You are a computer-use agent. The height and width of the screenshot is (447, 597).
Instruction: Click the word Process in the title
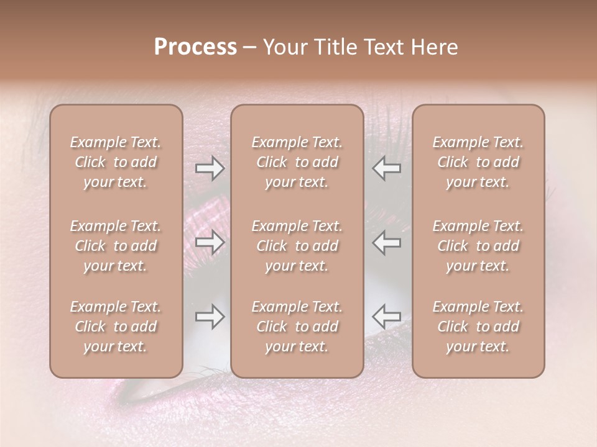tap(195, 47)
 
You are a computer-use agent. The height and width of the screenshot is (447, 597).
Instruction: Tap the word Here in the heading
tap(435, 47)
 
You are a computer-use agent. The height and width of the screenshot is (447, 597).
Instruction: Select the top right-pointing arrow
tap(210, 168)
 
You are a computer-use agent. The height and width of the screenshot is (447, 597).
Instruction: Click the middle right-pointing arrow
tap(210, 242)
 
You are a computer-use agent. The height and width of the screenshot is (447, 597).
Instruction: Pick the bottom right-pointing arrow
tap(210, 317)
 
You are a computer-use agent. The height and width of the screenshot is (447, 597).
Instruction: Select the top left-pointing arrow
tap(387, 168)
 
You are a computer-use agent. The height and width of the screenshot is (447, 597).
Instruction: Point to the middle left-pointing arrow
tap(387, 242)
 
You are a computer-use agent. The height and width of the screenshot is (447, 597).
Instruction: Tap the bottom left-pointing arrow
tap(387, 317)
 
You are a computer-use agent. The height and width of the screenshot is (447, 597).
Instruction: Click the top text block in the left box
tap(116, 162)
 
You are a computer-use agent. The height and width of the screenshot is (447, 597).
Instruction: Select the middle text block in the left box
tap(116, 246)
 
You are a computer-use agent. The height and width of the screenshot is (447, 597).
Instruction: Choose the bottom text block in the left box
tap(116, 327)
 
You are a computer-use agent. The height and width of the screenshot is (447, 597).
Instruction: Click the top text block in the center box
tap(297, 162)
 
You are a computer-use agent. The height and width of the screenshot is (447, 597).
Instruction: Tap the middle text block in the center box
tap(297, 246)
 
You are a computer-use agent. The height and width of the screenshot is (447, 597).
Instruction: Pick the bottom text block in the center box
tap(297, 327)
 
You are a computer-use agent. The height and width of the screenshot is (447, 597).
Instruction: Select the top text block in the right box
tap(478, 162)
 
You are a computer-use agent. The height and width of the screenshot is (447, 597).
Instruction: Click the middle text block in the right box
tap(478, 246)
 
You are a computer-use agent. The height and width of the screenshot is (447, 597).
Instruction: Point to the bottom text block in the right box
tap(478, 327)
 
